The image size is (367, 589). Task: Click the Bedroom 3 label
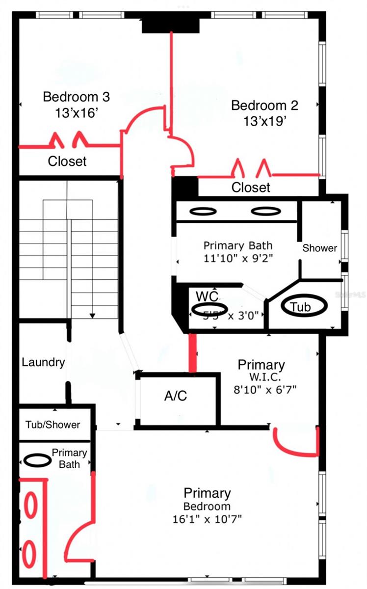click(x=76, y=97)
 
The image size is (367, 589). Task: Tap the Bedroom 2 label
click(x=264, y=105)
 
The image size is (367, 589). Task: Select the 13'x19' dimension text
click(x=264, y=121)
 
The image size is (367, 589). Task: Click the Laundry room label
click(x=43, y=363)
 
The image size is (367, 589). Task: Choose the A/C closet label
click(x=176, y=396)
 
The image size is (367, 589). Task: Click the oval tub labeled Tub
click(x=304, y=307)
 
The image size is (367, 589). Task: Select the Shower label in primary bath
click(x=319, y=248)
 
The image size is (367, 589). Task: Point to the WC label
click(x=207, y=296)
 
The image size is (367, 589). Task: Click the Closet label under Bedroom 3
click(x=67, y=161)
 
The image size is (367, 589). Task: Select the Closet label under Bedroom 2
click(x=251, y=187)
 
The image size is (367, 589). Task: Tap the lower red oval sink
click(x=30, y=553)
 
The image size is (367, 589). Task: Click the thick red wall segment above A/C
click(x=193, y=353)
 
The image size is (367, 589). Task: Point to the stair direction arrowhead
click(x=92, y=315)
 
